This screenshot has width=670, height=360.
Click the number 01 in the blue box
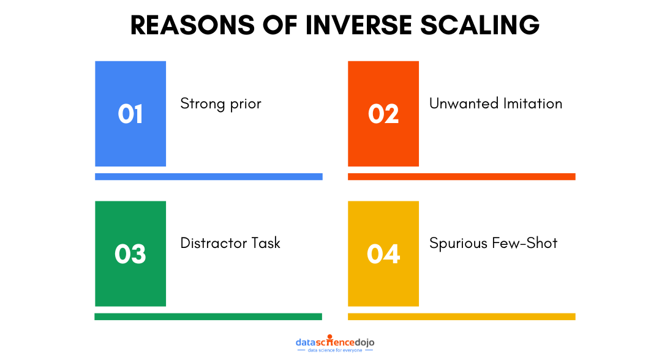click(130, 114)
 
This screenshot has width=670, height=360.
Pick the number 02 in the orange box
click(383, 114)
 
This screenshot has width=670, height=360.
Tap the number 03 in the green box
click(130, 254)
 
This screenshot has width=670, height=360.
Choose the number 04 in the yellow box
click(383, 254)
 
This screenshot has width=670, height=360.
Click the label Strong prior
click(220, 104)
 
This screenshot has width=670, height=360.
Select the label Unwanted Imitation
click(495, 103)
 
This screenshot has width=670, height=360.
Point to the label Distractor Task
click(230, 243)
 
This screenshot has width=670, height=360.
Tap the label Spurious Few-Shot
click(493, 243)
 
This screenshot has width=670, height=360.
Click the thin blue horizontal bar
click(208, 176)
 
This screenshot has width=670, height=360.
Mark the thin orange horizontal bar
click(461, 176)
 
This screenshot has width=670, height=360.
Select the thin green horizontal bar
click(208, 317)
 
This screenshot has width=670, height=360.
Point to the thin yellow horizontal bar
click(461, 317)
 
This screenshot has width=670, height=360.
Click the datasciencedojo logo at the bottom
click(334, 341)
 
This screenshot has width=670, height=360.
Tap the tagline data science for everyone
click(335, 350)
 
